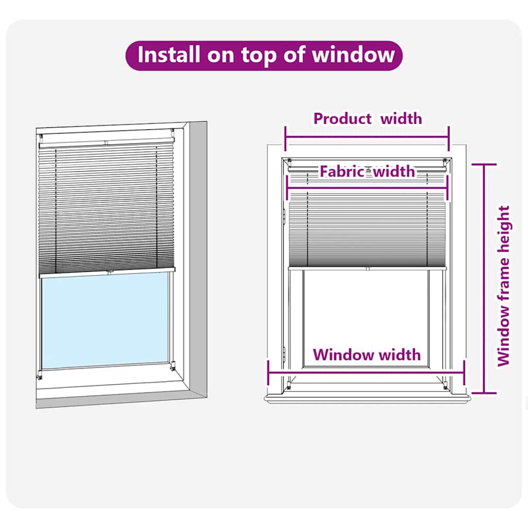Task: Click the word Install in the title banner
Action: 169,55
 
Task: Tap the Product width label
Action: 367,119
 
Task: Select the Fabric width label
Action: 367,171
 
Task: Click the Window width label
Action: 367,355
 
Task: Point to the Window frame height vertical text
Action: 504,286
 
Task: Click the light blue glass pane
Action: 105,321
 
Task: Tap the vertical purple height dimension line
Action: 483,278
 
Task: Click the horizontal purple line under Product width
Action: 367,137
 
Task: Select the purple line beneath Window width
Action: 367,372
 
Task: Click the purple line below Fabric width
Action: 367,189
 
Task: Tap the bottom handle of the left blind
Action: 110,271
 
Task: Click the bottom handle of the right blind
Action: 367,268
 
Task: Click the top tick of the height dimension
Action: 483,164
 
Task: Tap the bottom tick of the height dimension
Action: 483,393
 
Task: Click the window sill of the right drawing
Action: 367,398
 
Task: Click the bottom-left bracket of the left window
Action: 40,375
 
